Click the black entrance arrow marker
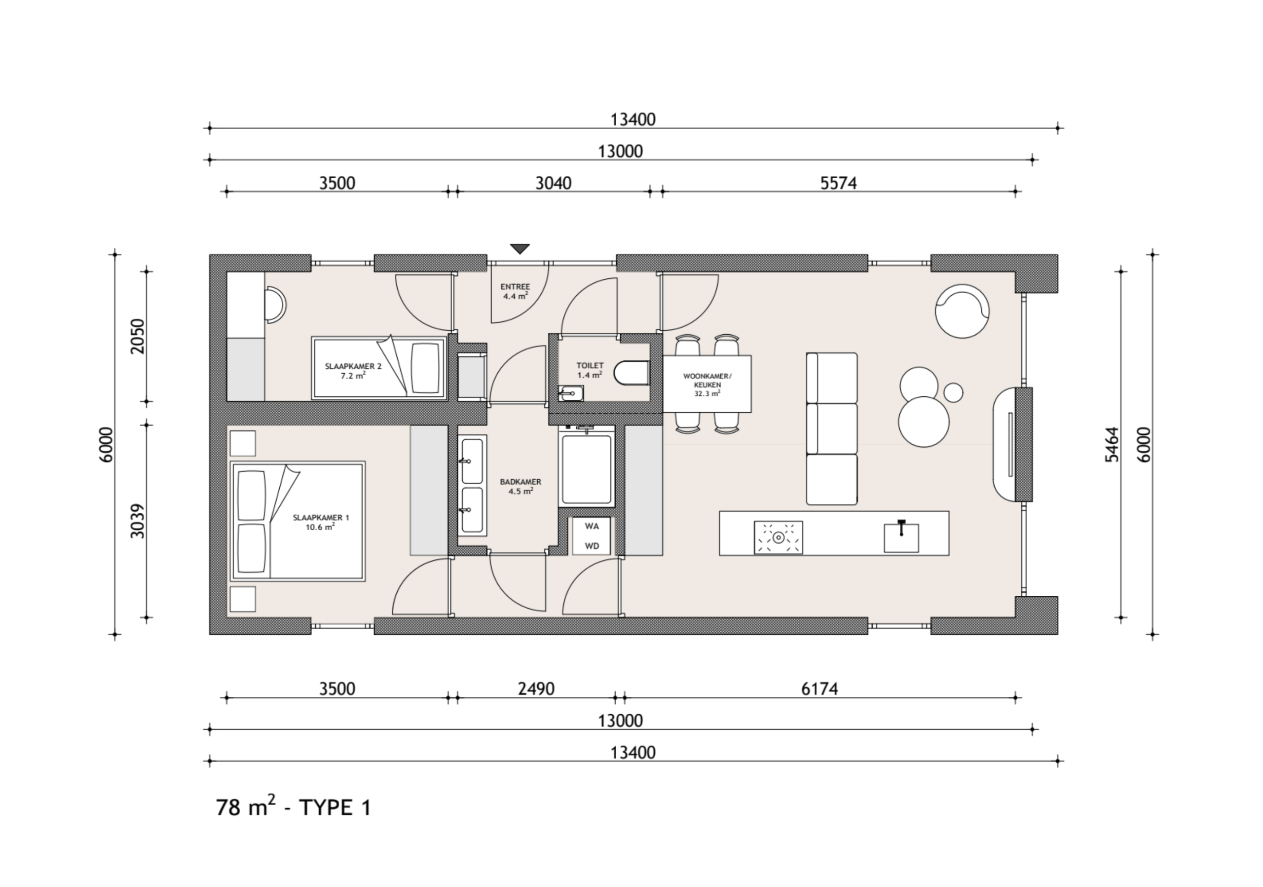pos(520,249)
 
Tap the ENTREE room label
pos(516,287)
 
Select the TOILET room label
pos(590,365)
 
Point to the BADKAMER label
pos(520,481)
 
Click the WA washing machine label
pos(592,526)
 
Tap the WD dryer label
pos(592,546)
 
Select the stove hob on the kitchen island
pos(779,537)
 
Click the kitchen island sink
pos(901,538)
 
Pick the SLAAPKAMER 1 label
pos(321,517)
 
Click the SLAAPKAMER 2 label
pos(353,366)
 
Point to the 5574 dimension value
pos(838,183)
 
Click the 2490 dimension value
pos(536,689)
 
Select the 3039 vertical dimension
pos(138,521)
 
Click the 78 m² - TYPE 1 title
pos(294,807)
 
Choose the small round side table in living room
pos(953,392)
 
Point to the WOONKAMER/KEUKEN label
pos(707,381)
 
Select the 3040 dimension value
pos(554,183)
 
